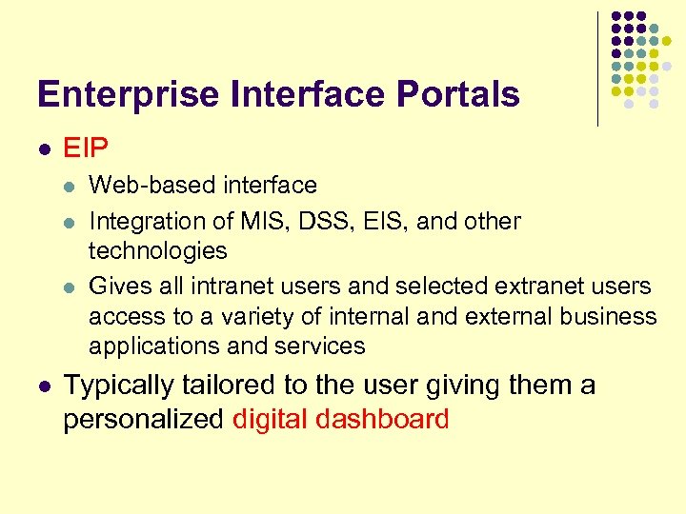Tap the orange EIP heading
click(x=86, y=148)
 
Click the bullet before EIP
click(x=44, y=149)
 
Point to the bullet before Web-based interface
click(x=70, y=185)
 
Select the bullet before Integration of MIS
click(x=70, y=222)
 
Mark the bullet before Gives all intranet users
click(x=70, y=287)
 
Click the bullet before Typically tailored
click(x=44, y=386)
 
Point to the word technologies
click(x=158, y=250)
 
